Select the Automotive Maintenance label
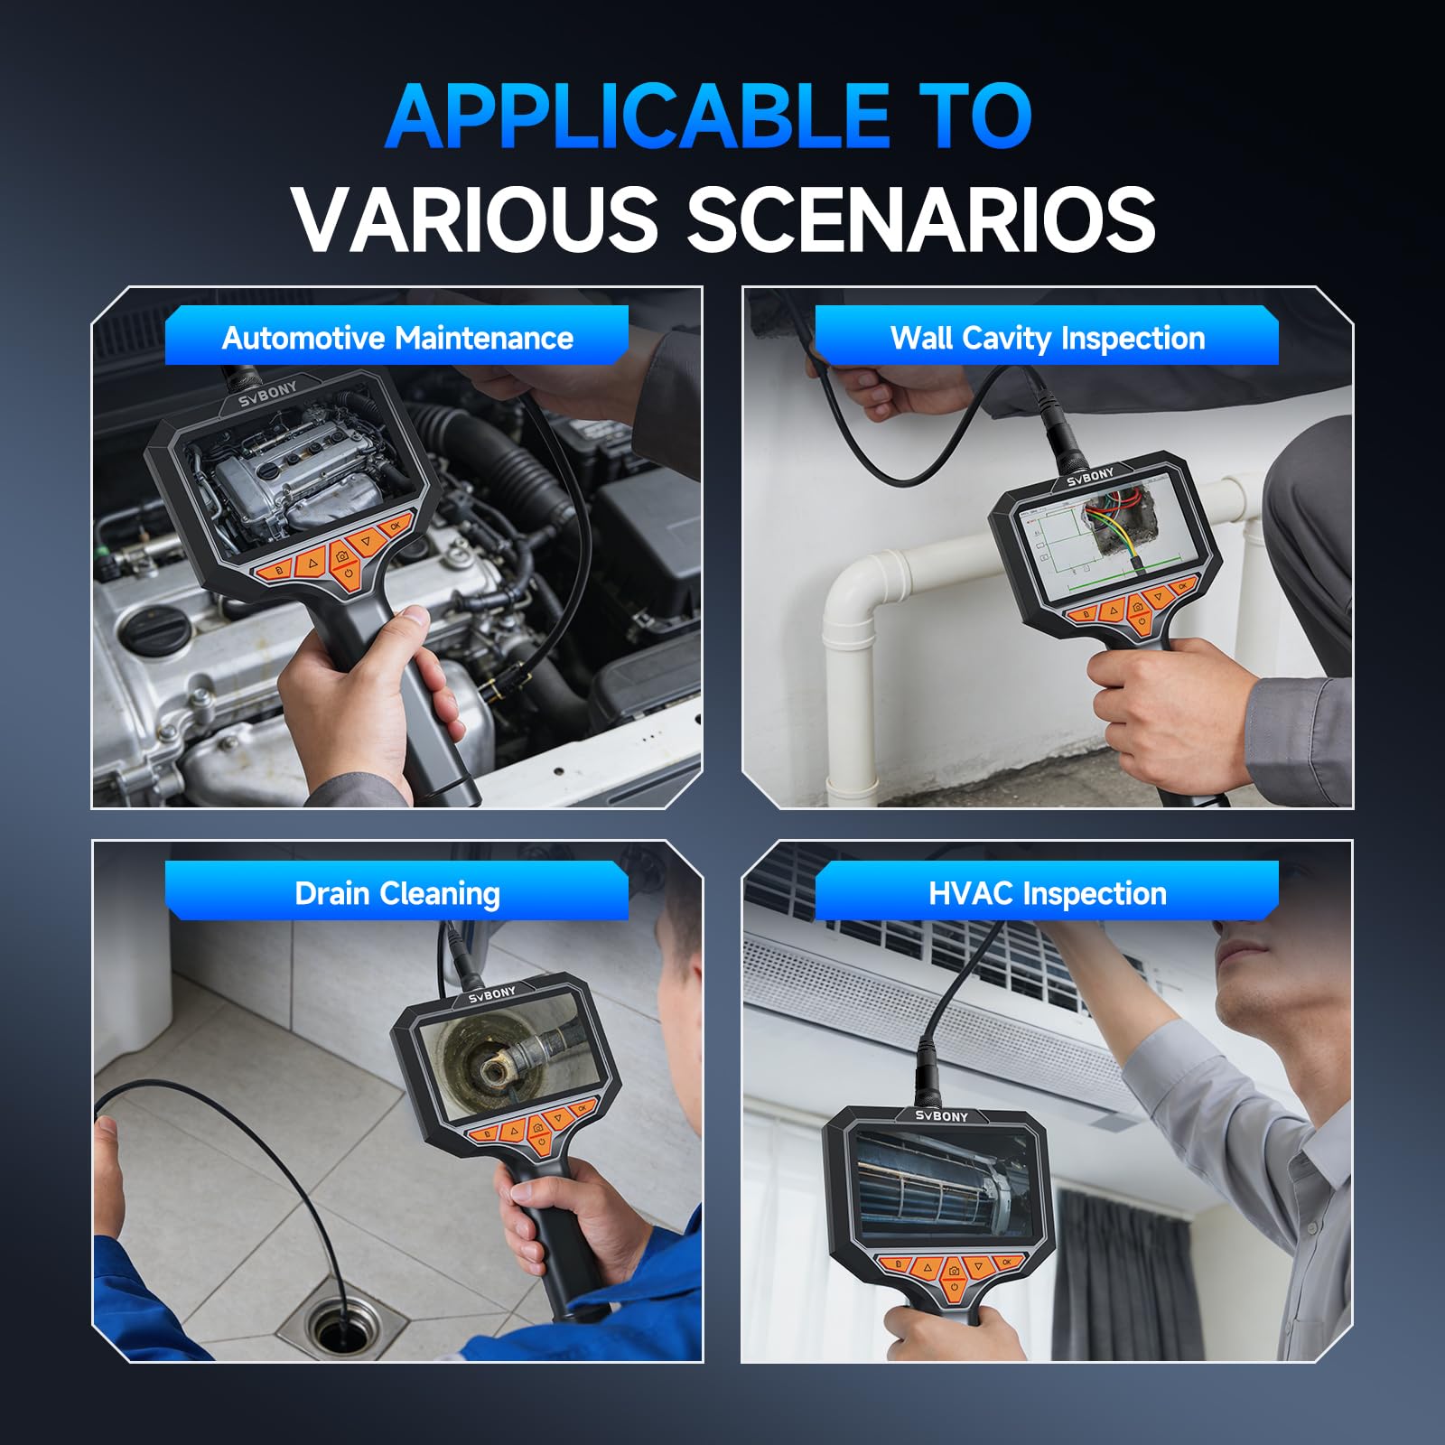pyautogui.click(x=397, y=338)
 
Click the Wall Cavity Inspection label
pyautogui.click(x=1048, y=338)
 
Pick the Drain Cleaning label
pyautogui.click(x=397, y=894)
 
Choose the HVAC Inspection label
pyautogui.click(x=1048, y=894)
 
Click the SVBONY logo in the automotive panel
pyautogui.click(x=268, y=395)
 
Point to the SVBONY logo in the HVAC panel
pyautogui.click(x=941, y=1116)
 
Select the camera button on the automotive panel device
pyautogui.click(x=342, y=558)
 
